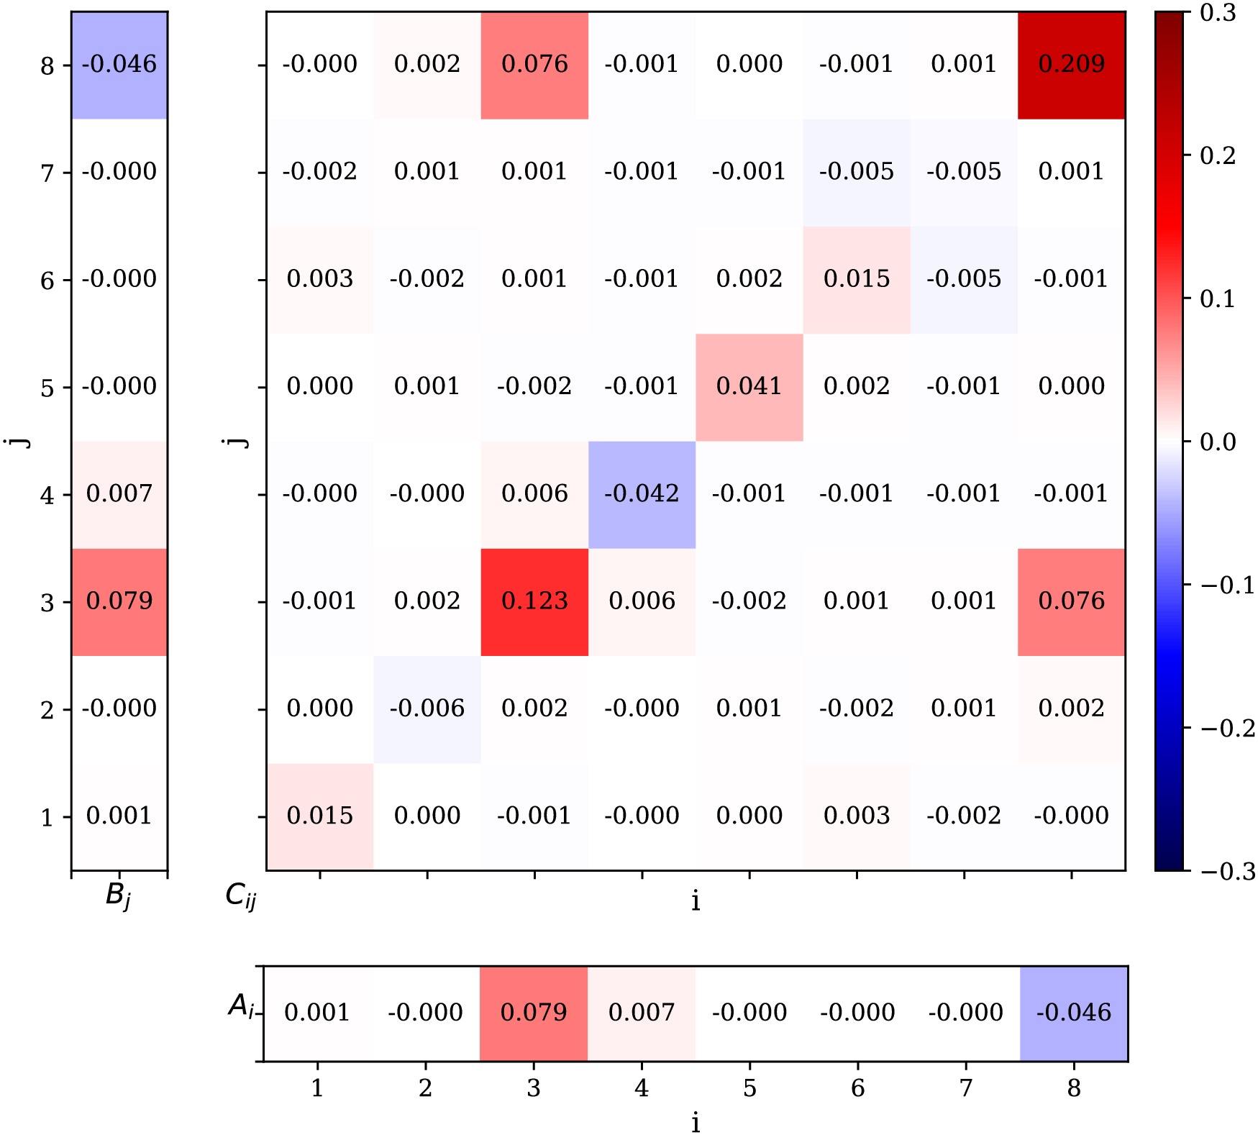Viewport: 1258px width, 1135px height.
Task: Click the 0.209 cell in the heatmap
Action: [1071, 65]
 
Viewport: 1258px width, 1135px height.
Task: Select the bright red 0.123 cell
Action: [534, 601]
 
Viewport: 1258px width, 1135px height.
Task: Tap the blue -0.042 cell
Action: [642, 494]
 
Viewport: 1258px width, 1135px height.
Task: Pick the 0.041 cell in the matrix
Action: [749, 387]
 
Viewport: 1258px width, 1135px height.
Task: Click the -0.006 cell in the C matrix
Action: [427, 708]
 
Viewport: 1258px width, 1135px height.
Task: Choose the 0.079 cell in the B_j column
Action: [119, 601]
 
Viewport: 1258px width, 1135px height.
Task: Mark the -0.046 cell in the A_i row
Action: [1073, 1013]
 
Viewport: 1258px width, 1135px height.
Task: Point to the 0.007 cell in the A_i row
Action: [642, 1013]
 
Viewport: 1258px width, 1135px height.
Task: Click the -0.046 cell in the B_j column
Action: [119, 65]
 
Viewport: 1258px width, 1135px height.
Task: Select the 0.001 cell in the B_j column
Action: [119, 816]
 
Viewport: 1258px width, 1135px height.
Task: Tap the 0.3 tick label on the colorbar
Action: [1218, 13]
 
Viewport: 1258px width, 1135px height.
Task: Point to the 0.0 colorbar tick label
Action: [1218, 442]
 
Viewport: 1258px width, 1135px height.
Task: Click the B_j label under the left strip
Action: [119, 896]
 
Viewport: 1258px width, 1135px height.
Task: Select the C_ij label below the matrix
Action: [241, 896]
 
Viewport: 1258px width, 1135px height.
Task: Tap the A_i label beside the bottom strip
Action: [242, 1006]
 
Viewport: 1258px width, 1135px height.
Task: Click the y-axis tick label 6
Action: [47, 281]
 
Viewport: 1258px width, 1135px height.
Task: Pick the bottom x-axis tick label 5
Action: [749, 1088]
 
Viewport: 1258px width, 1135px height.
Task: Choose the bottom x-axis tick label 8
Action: [1073, 1088]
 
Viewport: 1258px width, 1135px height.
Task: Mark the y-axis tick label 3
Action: [47, 603]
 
